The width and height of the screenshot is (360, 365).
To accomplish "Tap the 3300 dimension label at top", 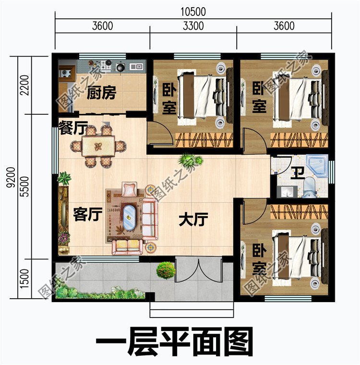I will [193, 26].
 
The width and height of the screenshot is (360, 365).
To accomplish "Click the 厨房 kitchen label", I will [102, 93].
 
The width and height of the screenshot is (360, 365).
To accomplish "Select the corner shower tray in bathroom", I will [318, 165].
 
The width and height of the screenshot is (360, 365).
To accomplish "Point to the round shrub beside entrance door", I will [166, 270].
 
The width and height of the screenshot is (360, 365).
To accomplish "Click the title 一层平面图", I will [175, 342].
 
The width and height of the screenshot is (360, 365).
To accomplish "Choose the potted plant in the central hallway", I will [188, 159].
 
